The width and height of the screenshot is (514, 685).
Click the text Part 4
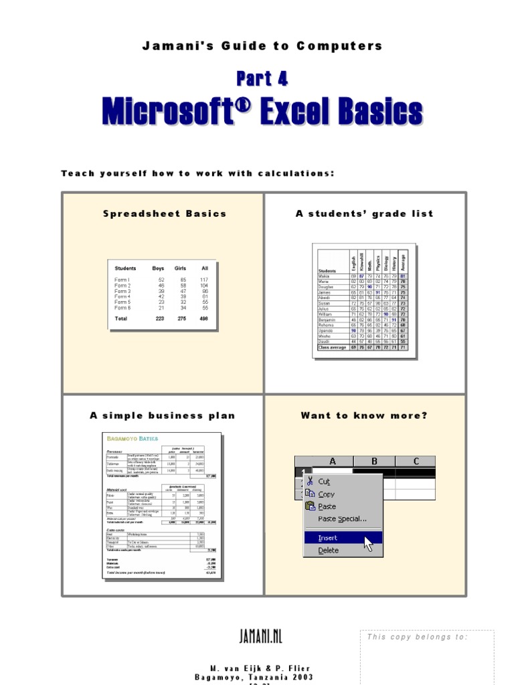point(262,78)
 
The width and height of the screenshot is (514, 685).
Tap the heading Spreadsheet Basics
point(165,214)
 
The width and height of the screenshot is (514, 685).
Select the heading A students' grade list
point(364,214)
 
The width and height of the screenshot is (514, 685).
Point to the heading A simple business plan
point(163,415)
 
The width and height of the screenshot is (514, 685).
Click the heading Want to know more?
point(364,415)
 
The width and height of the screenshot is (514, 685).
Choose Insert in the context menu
point(328,538)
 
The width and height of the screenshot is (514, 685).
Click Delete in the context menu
point(329,551)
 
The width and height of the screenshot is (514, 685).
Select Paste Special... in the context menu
point(342,518)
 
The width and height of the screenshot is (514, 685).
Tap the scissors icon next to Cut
point(309,481)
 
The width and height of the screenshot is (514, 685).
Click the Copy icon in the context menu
point(309,494)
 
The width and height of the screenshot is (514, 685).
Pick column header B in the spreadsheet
point(374,461)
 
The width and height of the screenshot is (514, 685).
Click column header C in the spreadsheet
point(416,461)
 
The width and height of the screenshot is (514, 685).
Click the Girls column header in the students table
point(180,268)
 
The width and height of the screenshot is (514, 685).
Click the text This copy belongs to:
point(417,637)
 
